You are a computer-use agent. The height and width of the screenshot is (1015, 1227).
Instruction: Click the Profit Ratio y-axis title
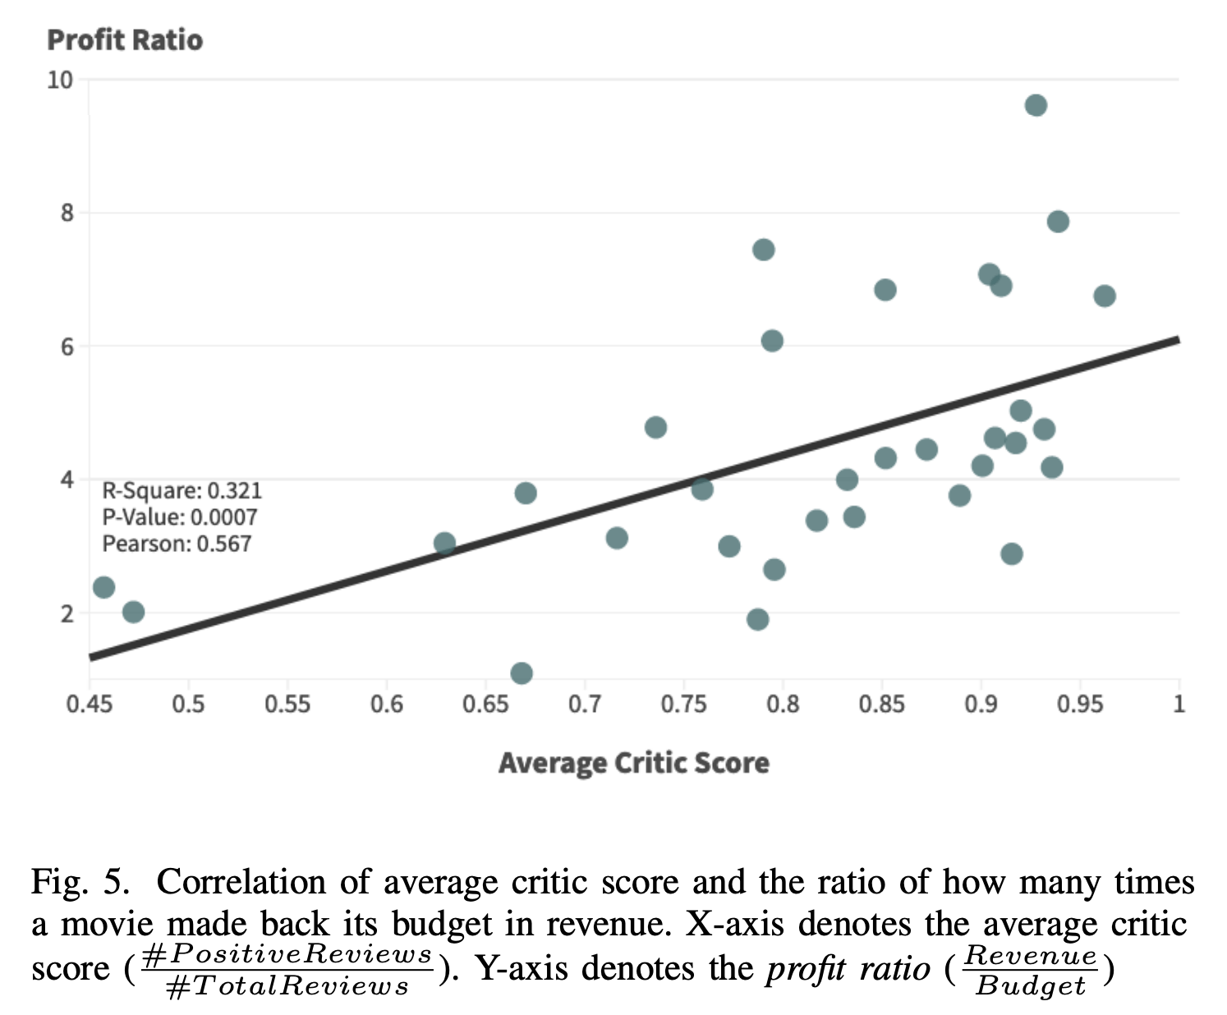pos(125,40)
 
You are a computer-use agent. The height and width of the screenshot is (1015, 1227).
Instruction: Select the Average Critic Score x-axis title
pos(633,763)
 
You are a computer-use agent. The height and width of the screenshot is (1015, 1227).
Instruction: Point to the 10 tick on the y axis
pos(61,80)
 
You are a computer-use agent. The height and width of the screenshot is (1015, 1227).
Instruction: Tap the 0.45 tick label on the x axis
pos(89,705)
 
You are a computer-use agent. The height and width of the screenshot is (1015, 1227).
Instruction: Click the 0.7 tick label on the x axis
pos(584,705)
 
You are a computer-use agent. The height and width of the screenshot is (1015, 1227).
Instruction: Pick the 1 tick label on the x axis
pos(1179,705)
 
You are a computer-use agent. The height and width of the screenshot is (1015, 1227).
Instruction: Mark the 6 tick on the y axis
pos(66,347)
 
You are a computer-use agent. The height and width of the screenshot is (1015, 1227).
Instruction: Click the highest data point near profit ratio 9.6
pos(1036,105)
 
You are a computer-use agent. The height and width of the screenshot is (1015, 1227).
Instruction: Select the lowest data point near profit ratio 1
pos(522,673)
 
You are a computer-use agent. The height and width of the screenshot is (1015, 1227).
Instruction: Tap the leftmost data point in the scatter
pos(103,587)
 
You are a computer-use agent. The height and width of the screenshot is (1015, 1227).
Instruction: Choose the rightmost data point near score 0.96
pos(1105,296)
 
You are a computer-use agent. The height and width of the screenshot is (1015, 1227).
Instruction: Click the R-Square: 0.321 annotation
pos(182,491)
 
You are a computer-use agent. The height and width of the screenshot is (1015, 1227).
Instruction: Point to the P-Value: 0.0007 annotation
pos(179,517)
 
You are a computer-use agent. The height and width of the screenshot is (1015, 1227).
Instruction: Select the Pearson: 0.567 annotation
pos(177,544)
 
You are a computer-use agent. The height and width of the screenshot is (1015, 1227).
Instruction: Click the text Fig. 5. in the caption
pos(80,883)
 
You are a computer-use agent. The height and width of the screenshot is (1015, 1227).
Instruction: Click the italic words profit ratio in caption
pos(848,969)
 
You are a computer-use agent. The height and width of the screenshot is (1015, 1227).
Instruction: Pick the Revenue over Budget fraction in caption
pos(1030,970)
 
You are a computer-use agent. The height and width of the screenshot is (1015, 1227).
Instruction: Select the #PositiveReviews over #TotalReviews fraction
pos(287,970)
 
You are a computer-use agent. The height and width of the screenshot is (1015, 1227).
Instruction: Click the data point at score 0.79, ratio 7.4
pos(763,250)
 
